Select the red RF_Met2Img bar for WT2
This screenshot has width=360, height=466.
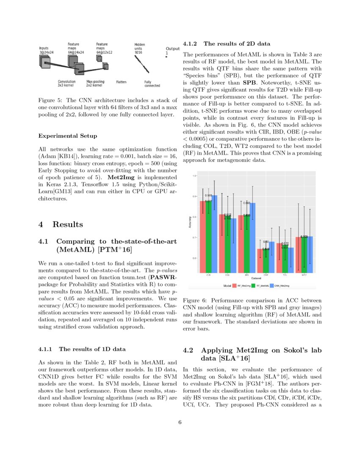[x=299, y=254]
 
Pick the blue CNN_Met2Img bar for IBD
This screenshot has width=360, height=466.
[x=253, y=237]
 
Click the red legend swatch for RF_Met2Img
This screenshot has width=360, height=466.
[x=234, y=286]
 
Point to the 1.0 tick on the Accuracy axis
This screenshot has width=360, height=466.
[x=194, y=175]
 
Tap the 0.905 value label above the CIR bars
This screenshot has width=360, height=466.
[x=208, y=196]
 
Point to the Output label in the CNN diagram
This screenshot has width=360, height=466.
[x=172, y=49]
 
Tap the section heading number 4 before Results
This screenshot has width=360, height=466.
[x=41, y=224]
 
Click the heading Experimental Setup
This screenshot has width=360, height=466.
[x=67, y=136]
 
